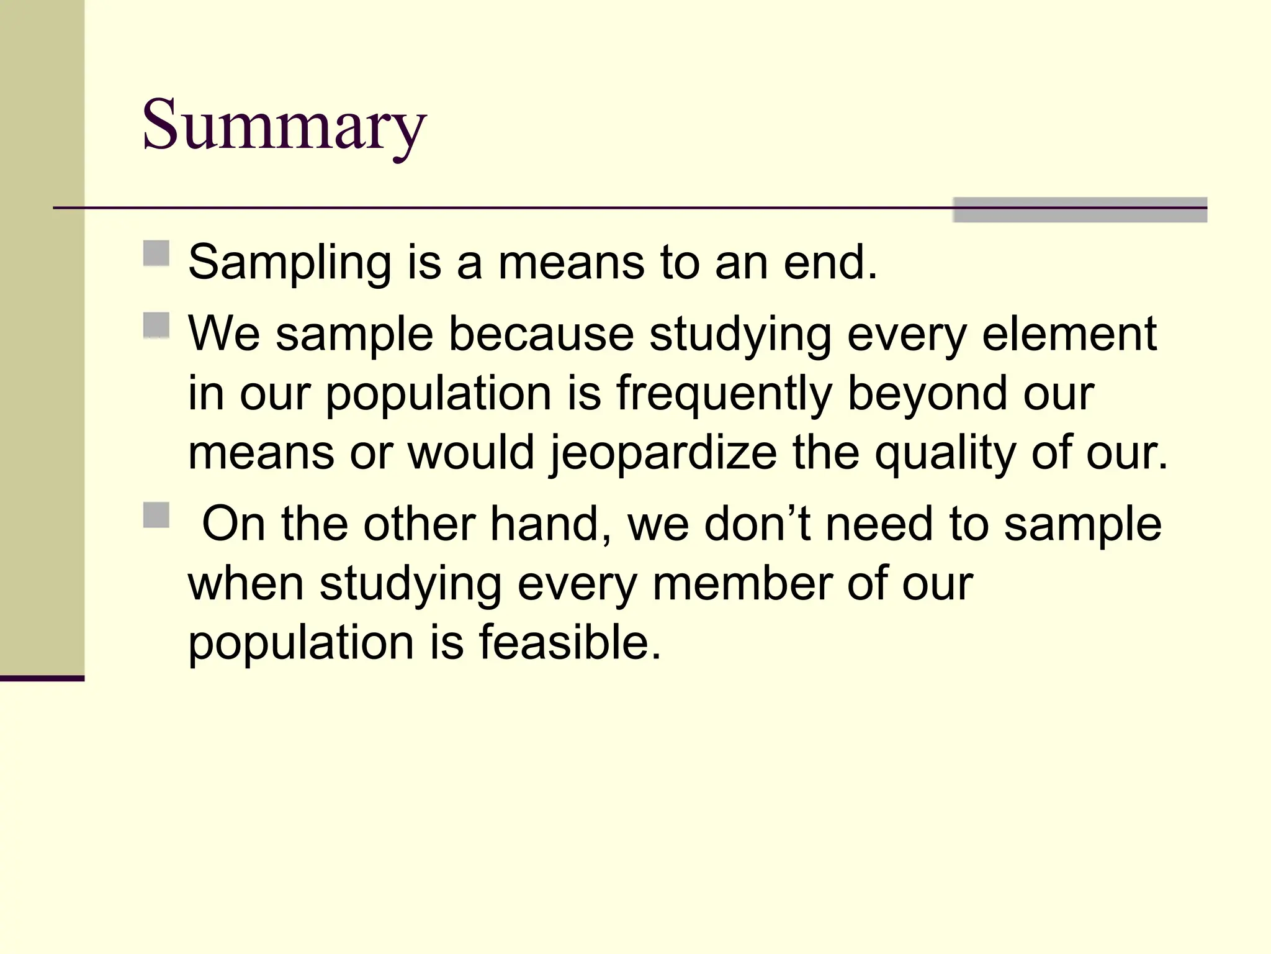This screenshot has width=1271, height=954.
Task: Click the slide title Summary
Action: (284, 125)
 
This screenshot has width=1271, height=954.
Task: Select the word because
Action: (541, 334)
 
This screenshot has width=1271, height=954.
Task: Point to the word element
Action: (1069, 334)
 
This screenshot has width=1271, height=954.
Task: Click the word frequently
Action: (724, 394)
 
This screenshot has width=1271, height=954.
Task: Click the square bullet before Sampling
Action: (156, 253)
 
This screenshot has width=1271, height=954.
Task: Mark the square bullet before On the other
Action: (156, 515)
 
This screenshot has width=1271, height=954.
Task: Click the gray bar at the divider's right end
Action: (1080, 210)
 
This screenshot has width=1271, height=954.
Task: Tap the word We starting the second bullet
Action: (224, 334)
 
